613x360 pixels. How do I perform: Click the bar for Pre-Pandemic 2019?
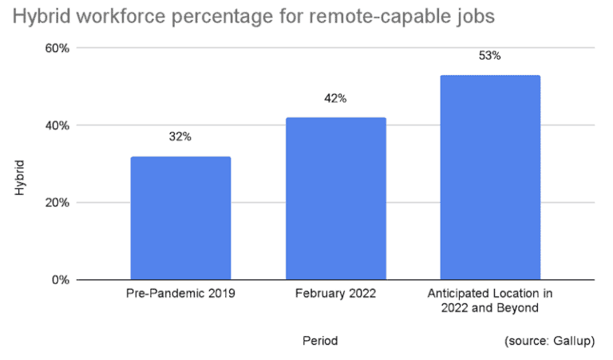180,218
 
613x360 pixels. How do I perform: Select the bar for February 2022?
335,199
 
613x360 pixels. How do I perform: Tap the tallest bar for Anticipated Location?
490,177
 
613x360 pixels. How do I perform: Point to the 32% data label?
180,136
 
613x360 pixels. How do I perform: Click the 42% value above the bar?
335,98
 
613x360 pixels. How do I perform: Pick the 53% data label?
490,56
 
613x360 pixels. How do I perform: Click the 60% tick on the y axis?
57,49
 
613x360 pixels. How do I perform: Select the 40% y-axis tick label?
57,125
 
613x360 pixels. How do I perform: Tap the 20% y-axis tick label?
57,203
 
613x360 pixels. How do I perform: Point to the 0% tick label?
61,280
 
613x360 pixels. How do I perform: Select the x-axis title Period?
320,341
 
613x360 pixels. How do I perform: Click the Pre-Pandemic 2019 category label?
180,294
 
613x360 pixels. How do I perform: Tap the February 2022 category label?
335,294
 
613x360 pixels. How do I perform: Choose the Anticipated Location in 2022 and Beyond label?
490,300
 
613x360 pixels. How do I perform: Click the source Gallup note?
549,341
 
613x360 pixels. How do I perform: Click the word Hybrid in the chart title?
38,17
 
